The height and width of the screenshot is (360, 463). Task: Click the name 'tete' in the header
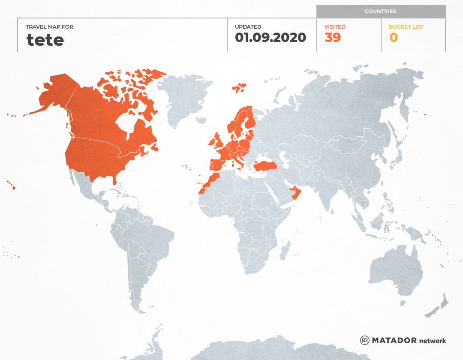tap(45, 40)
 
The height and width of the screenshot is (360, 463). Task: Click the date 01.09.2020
tap(271, 38)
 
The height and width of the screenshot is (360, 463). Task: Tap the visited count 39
tap(333, 38)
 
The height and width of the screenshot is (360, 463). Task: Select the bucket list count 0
tap(393, 38)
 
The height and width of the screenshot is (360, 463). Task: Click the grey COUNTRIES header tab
tap(381, 12)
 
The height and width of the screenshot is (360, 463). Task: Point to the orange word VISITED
tap(335, 27)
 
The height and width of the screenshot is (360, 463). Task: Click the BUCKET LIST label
tap(406, 27)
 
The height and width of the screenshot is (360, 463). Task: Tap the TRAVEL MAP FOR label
tap(50, 27)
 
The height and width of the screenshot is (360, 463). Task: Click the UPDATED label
tap(248, 27)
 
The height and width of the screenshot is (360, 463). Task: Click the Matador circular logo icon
tap(365, 340)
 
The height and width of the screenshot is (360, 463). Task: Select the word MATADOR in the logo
tap(394, 340)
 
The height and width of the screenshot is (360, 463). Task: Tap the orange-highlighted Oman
tap(296, 193)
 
